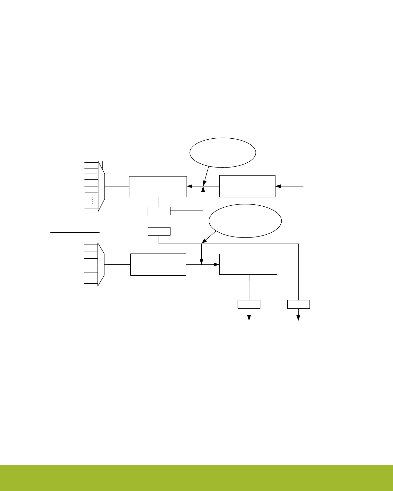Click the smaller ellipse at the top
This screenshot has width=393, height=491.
coord(223,153)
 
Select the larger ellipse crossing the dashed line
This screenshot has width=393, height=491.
coord(245,221)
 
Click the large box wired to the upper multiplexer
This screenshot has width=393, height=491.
coord(158,186)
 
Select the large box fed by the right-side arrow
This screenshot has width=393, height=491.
coord(247,186)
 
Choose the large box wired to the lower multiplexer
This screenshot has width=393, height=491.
coord(158,264)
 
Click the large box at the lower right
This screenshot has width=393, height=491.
coord(248,264)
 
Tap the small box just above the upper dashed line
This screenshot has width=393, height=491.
coord(159,211)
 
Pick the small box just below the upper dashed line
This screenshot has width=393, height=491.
coord(159,231)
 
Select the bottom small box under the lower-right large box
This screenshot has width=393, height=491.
coord(249,305)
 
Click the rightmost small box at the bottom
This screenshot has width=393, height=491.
coord(298,305)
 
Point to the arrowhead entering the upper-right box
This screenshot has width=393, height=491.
coord(278,186)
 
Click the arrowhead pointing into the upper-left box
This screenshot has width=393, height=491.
coord(189,186)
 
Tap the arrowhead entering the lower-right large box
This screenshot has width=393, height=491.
coord(217,264)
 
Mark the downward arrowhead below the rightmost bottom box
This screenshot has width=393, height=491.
coord(298,318)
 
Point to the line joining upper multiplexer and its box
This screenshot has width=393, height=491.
coord(117,186)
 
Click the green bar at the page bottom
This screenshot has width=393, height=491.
coord(197,478)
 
